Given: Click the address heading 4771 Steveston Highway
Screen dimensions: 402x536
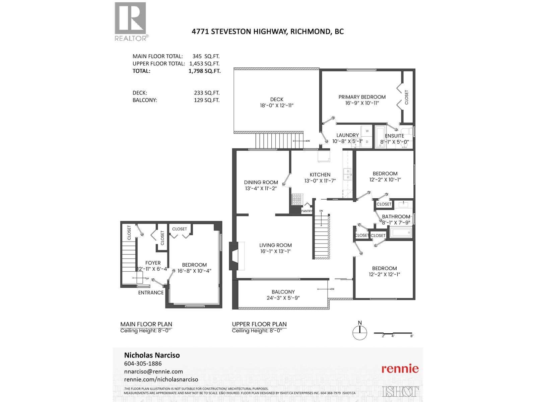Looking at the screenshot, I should (267, 31).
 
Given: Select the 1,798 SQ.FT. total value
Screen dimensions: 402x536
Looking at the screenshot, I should (204, 71).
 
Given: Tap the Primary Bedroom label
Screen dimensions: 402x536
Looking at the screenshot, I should (362, 97).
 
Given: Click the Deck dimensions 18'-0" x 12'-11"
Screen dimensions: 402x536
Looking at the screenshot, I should (277, 105).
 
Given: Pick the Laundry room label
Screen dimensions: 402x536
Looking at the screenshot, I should (347, 135).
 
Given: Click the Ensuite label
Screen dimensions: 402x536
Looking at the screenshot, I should (394, 136).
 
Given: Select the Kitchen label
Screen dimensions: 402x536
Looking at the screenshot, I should (320, 175).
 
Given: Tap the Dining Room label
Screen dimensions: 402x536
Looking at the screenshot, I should (261, 182).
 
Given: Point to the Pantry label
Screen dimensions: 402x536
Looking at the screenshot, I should (307, 211).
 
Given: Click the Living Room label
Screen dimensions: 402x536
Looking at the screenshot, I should (275, 245).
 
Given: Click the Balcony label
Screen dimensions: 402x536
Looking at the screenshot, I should (283, 292).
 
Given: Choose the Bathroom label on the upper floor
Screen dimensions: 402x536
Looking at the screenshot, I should (396, 217).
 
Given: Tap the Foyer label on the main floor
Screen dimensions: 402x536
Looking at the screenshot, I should (153, 263).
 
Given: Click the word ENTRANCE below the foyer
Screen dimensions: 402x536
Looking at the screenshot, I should (151, 292).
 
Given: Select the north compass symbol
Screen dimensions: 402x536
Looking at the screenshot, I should (360, 332).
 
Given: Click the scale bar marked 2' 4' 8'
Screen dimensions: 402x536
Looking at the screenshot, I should (393, 334).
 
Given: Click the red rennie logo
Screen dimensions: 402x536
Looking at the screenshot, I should (400, 369).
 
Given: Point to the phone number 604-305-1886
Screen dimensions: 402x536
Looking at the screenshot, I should (143, 363).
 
